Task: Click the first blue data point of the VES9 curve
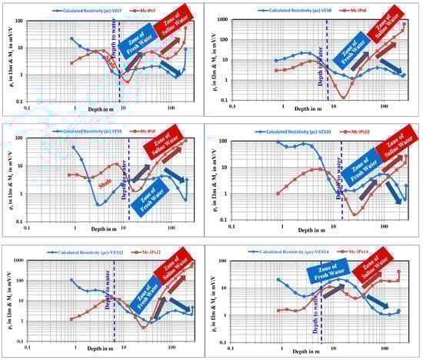74,147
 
